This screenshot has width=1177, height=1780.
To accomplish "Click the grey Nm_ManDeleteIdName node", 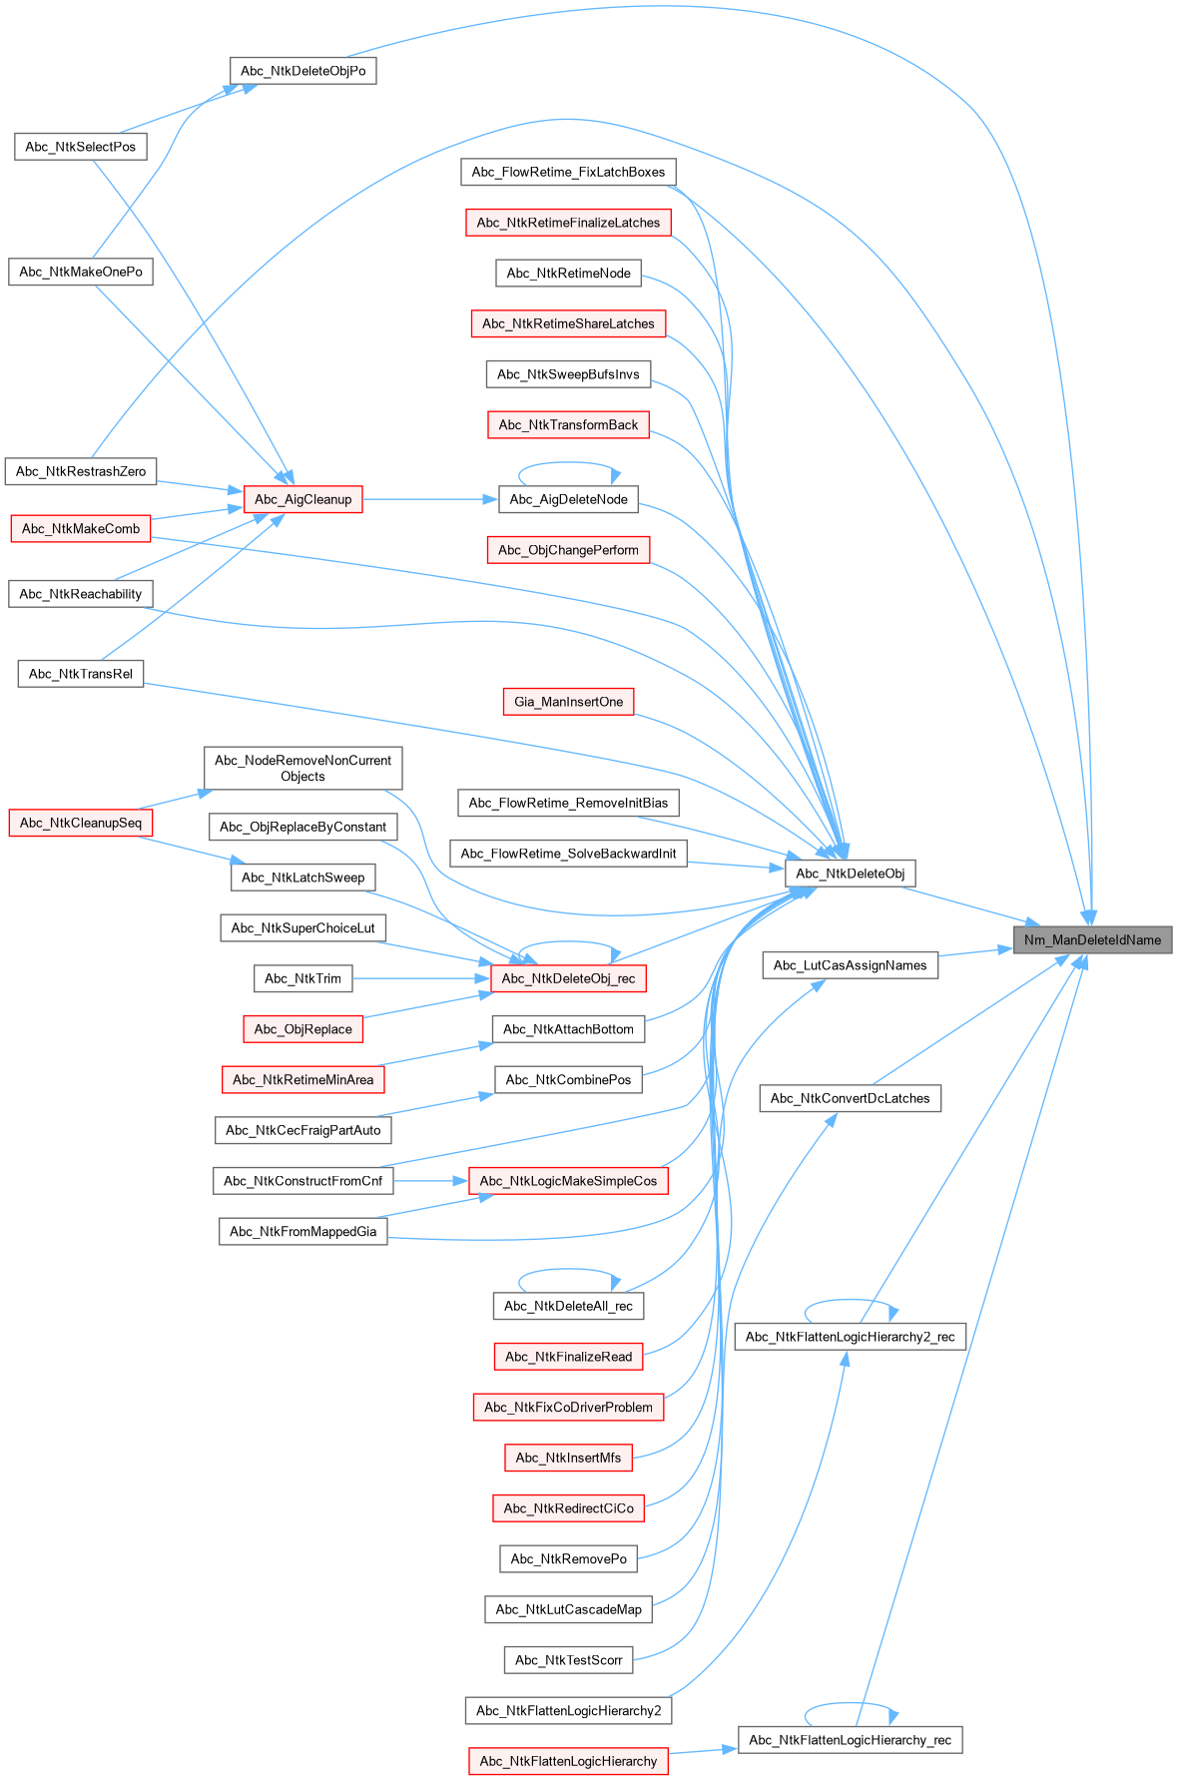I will (x=1092, y=939).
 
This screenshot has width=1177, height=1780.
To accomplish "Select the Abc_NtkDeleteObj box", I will (x=850, y=874).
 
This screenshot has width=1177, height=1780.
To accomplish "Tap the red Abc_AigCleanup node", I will (x=302, y=499).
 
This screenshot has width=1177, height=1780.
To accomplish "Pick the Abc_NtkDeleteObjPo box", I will (x=302, y=71).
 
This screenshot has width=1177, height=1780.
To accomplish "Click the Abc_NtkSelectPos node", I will (x=80, y=147).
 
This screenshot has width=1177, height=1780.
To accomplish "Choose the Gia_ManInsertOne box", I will (x=568, y=702).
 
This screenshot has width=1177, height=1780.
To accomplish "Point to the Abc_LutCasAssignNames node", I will (x=850, y=965).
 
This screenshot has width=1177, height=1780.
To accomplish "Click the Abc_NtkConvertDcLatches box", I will (x=850, y=1098).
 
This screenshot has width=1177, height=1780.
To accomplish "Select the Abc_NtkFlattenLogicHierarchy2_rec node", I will (x=850, y=1337).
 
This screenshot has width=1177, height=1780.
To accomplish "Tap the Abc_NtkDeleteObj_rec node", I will (x=568, y=978).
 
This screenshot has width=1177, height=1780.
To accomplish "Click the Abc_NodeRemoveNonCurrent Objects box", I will (x=302, y=768).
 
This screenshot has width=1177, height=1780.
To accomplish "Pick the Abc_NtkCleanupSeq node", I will (x=80, y=823).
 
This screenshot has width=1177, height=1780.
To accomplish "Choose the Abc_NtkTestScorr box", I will (x=568, y=1660).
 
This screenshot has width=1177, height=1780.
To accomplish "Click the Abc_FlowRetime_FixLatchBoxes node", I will (x=568, y=172).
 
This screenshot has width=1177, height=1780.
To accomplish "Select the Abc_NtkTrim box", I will (x=302, y=978).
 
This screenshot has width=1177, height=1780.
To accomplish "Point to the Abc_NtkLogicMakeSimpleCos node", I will (x=568, y=1181).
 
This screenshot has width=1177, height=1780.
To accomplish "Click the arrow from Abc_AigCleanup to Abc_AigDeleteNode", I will (x=429, y=499).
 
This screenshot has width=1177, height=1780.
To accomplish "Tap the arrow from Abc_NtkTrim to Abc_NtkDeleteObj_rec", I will (x=419, y=978).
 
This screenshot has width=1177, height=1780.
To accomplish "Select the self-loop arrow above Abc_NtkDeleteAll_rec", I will (x=568, y=1271).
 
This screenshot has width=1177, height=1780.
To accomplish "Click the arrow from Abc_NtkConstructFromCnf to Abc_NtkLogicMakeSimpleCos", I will (x=429, y=1181).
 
